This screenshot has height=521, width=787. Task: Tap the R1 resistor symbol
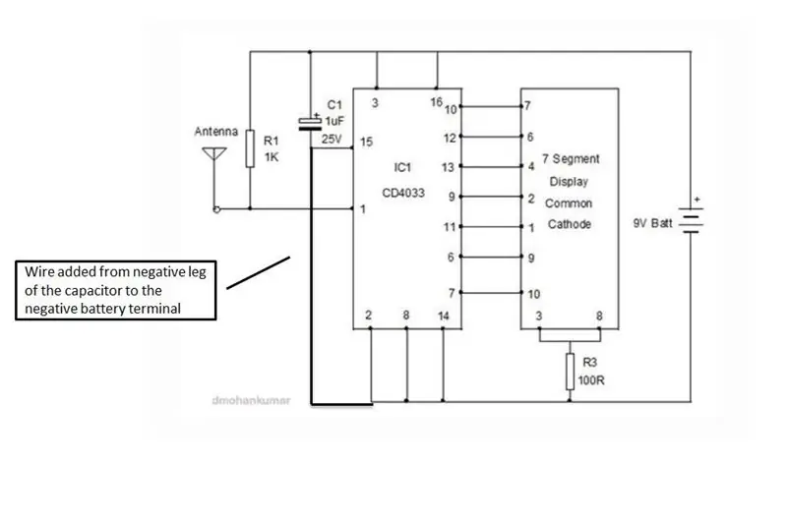(250, 148)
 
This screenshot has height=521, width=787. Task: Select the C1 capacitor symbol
(310, 123)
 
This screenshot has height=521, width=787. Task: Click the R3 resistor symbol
(570, 372)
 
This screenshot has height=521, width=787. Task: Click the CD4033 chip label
(403, 193)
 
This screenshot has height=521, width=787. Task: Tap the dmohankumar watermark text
(251, 400)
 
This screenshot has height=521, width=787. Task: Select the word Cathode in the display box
(570, 224)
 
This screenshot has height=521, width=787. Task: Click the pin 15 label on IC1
(366, 142)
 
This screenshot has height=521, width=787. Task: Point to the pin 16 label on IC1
(436, 102)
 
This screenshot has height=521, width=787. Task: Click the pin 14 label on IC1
(444, 316)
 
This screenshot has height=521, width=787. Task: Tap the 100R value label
(591, 380)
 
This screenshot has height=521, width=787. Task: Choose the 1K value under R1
(272, 157)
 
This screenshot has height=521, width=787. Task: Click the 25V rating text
(332, 139)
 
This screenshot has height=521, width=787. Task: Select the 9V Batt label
(652, 223)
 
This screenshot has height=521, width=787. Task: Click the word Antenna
(215, 132)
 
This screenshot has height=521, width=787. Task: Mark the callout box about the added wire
(116, 290)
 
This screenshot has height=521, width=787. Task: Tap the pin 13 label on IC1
(448, 167)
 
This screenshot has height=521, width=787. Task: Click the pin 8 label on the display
(599, 316)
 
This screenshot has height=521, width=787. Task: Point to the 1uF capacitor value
(334, 121)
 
